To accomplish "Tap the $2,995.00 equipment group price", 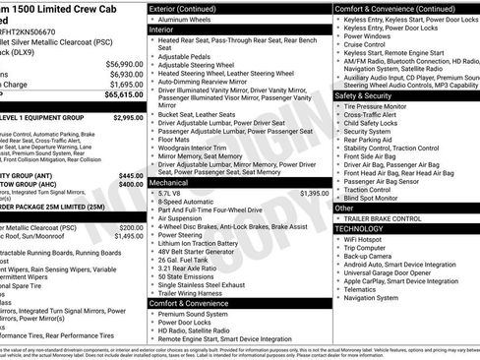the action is [127, 117].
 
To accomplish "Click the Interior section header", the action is [161, 30].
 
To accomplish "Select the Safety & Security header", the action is [363, 96].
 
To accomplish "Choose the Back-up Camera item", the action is [374, 256].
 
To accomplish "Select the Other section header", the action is [344, 208].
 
